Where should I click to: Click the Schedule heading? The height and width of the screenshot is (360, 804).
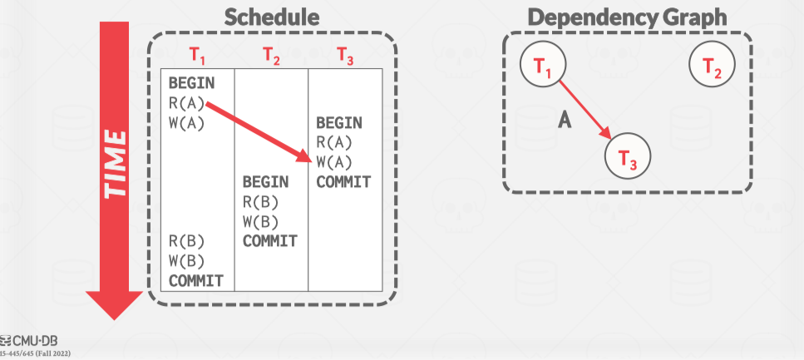[272, 18]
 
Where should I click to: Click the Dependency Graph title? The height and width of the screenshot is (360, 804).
[627, 18]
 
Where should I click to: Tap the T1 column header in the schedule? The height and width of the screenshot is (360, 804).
[197, 56]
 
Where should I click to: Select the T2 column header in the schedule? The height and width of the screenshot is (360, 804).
[271, 56]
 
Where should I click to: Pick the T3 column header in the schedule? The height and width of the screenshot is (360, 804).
[344, 56]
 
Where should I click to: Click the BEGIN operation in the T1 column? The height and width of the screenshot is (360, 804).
[191, 83]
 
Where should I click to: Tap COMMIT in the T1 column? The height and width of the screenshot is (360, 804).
[196, 280]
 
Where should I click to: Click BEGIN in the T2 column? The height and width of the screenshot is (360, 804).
[265, 181]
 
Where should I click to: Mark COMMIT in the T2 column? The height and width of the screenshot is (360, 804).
[270, 241]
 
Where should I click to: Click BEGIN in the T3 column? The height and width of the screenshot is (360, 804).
[339, 123]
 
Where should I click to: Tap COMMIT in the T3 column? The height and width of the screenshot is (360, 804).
[343, 182]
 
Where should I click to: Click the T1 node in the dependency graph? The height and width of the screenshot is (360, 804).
[544, 66]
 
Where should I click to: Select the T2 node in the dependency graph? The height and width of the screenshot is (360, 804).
[712, 66]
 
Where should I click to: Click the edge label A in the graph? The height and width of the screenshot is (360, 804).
[565, 121]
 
